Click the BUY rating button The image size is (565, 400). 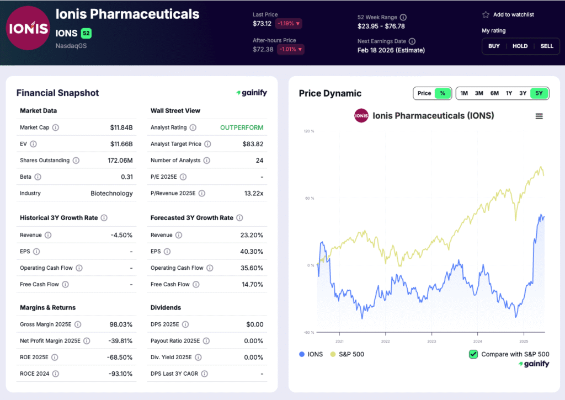pos(494,46)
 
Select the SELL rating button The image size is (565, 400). pos(546,46)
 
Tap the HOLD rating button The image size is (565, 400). pos(520,46)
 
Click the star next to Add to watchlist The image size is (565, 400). pos(486,15)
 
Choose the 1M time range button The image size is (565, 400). pos(464,93)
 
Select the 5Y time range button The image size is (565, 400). pos(539,93)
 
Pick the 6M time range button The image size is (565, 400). pos(494,93)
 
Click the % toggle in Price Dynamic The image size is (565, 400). pos(443,93)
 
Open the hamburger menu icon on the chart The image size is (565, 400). pos(539,116)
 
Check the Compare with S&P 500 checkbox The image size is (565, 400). pos(473,354)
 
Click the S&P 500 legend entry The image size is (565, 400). pos(347,354)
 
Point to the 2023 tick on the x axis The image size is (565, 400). pos(431,341)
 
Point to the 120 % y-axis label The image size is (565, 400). pos(308,131)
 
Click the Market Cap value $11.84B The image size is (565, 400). pos(121,127)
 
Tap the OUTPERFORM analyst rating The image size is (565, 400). pos(242,127)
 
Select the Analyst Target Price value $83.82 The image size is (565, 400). pos(253,144)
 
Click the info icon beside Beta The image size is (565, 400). pos(38,177)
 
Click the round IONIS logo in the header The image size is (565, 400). pos(27,28)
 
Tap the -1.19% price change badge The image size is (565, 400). pos(289,24)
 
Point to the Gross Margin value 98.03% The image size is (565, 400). pos(121,324)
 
